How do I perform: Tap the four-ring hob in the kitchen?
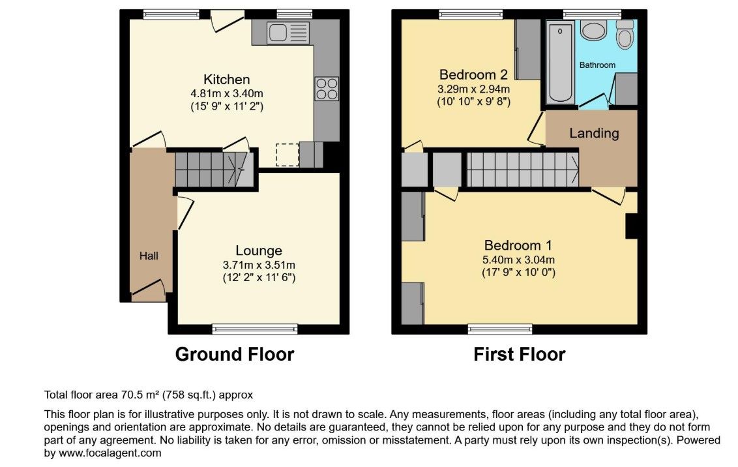[x=327, y=89]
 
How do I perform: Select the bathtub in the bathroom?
[x=560, y=61]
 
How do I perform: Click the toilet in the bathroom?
[x=625, y=35]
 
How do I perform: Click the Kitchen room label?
[x=226, y=80]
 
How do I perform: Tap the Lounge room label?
[x=259, y=250]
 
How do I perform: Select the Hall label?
[x=149, y=256]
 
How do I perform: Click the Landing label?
[x=594, y=133]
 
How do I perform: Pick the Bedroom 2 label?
[x=473, y=75]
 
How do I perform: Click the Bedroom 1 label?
[x=518, y=245]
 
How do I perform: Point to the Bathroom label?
[x=597, y=65]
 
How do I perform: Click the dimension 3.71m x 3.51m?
[x=259, y=265]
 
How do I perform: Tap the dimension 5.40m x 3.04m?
[x=518, y=260]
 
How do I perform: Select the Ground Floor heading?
[x=235, y=354]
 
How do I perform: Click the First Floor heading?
[x=519, y=354]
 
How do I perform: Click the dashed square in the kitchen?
[x=287, y=155]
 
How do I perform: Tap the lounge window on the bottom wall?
[x=255, y=329]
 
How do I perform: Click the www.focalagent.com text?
[x=110, y=453]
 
